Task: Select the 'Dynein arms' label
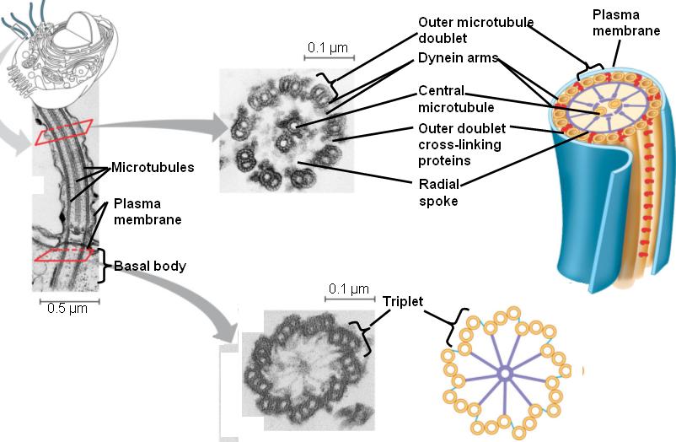(x=458, y=60)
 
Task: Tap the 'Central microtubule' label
(x=456, y=99)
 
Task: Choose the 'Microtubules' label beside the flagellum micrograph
(x=153, y=167)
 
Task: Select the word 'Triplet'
(x=403, y=300)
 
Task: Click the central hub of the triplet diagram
(x=505, y=372)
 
